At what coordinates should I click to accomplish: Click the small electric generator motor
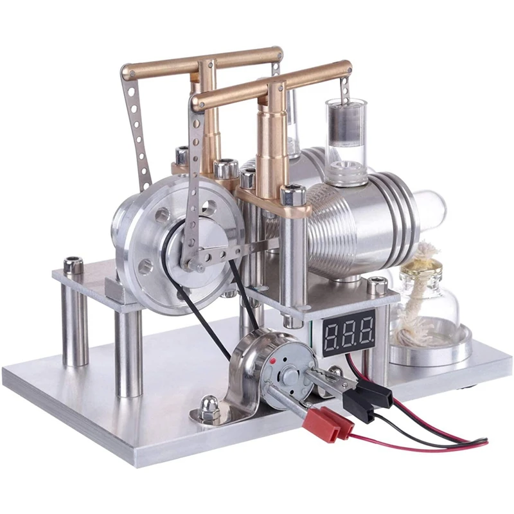[270, 373]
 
